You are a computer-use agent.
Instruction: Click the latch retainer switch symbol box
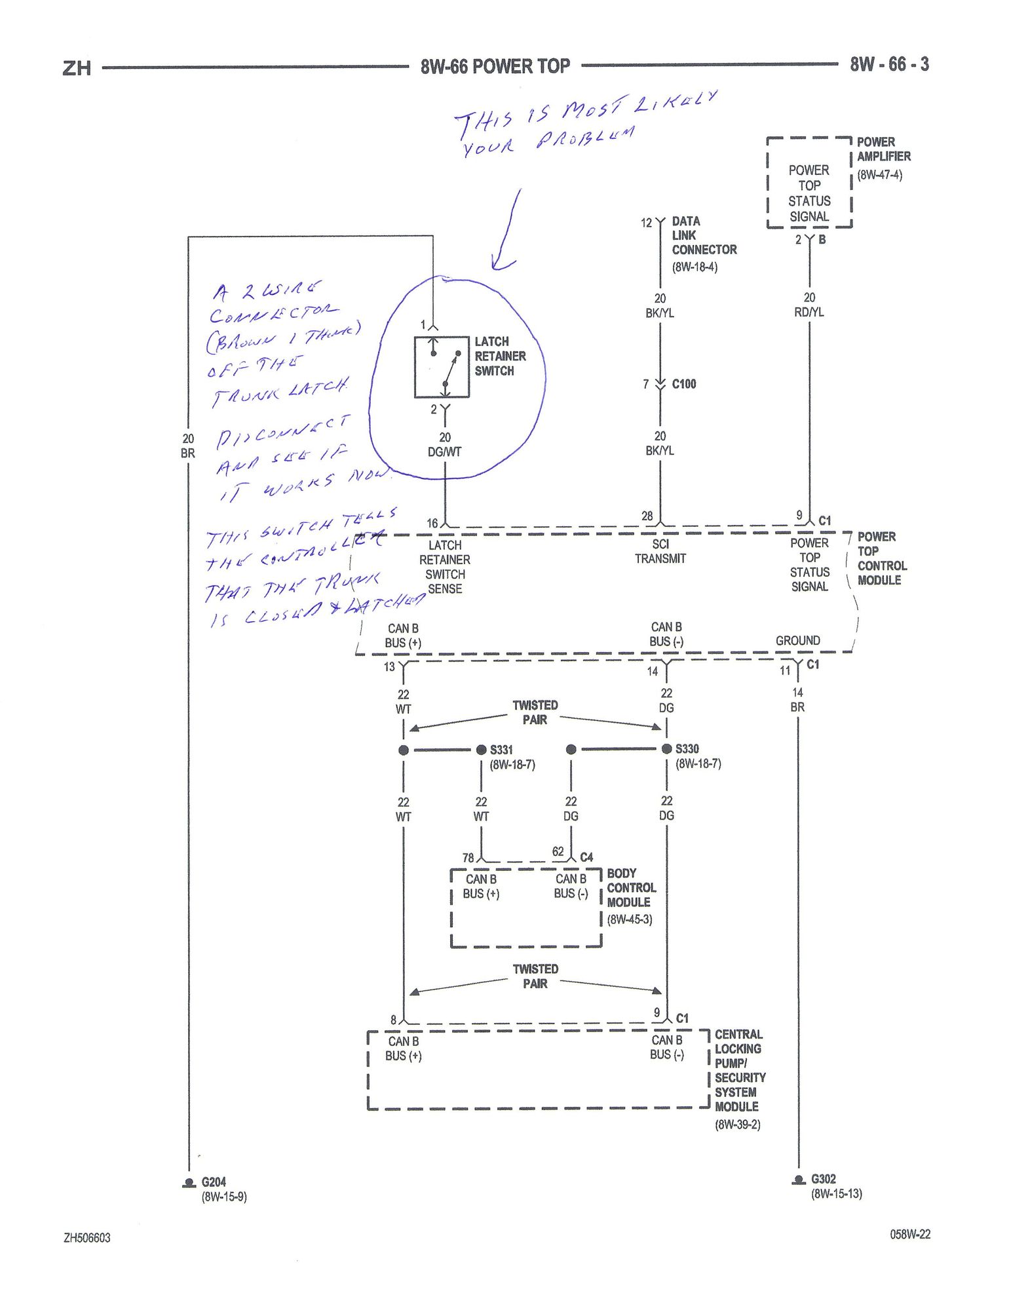coord(442,367)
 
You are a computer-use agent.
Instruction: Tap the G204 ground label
coord(213,1182)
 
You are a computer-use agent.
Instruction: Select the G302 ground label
coord(823,1179)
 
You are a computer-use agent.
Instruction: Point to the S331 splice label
coord(501,750)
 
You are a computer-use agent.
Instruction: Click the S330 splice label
coord(687,748)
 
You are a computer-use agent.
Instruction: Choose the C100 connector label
coord(683,384)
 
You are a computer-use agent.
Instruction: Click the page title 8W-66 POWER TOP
coord(495,66)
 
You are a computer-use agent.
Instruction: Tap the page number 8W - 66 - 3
coord(889,64)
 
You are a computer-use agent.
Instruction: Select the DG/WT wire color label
coord(444,452)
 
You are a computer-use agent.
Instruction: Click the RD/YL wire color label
coord(809,312)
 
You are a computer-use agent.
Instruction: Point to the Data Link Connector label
coord(703,236)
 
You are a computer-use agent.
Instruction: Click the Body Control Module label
coord(631,888)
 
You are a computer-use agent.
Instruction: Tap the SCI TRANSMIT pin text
coord(660,551)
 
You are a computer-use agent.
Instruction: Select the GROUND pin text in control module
coord(797,640)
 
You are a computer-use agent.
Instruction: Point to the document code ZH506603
coord(87,1238)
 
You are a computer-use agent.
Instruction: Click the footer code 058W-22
coord(909,1234)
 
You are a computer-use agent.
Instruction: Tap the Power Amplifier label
coord(883,149)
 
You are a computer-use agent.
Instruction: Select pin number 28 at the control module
coord(647,516)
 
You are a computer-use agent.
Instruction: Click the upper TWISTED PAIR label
coord(535,712)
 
